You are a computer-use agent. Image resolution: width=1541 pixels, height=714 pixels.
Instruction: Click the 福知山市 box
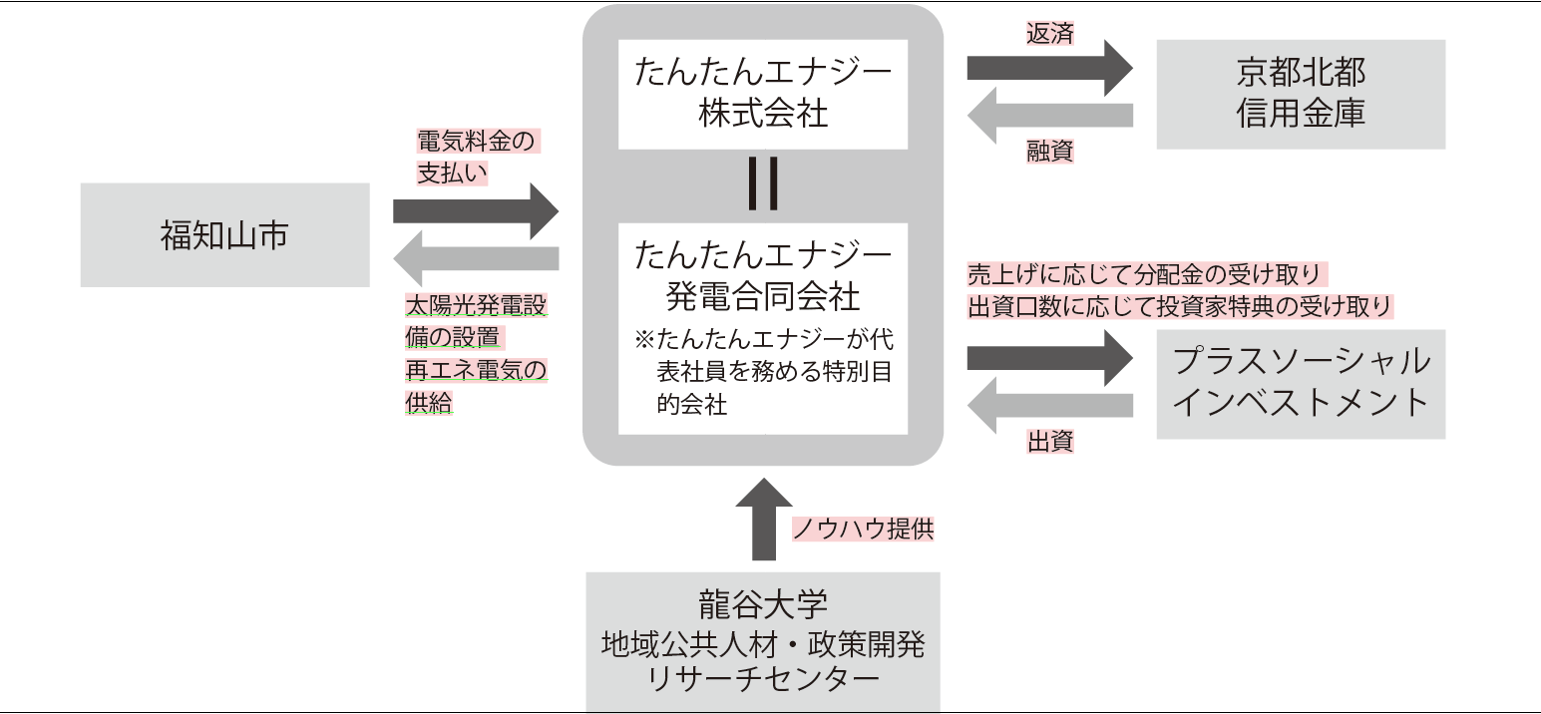pos(224,235)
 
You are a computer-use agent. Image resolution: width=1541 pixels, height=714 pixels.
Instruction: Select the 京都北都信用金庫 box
pos(1301,94)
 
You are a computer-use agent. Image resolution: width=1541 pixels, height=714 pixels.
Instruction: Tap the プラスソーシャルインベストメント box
pos(1301,383)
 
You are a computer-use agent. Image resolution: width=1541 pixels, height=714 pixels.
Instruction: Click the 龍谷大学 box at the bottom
pos(763,641)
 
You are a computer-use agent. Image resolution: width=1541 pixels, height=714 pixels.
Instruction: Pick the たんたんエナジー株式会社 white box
pos(763,94)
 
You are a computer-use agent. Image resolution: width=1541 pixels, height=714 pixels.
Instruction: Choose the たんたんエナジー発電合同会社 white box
pos(763,328)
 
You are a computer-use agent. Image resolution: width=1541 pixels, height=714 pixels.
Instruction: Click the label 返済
pos(1050,33)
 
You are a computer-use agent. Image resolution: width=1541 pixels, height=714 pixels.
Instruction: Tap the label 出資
pos(1050,441)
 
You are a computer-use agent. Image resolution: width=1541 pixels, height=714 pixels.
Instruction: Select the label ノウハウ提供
pos(864,529)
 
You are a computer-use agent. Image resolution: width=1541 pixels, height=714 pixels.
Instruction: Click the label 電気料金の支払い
pos(477,157)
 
